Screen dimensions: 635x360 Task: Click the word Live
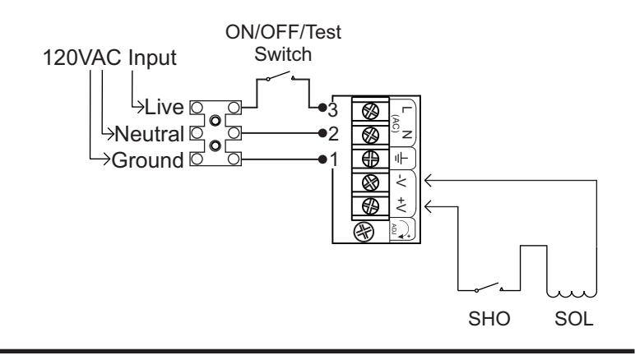164,107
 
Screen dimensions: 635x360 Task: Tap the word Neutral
150,134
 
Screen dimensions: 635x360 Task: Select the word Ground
147,160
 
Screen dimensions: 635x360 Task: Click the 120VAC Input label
109,58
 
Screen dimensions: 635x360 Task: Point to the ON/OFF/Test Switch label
283,43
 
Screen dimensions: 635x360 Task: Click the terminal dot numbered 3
322,108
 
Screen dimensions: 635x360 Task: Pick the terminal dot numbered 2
322,133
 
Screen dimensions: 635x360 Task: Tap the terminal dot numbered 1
322,159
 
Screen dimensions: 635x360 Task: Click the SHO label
489,319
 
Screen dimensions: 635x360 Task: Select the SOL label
574,319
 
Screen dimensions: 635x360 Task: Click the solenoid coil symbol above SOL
572,293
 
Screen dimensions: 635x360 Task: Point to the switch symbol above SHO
489,287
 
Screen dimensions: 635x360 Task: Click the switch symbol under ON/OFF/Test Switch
280,76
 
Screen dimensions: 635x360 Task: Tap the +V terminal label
401,205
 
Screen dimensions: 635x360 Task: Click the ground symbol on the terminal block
401,159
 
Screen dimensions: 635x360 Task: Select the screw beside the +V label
370,206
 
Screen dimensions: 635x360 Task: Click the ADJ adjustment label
394,228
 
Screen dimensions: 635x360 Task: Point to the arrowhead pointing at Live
140,107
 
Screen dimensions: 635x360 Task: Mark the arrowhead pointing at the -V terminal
429,180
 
